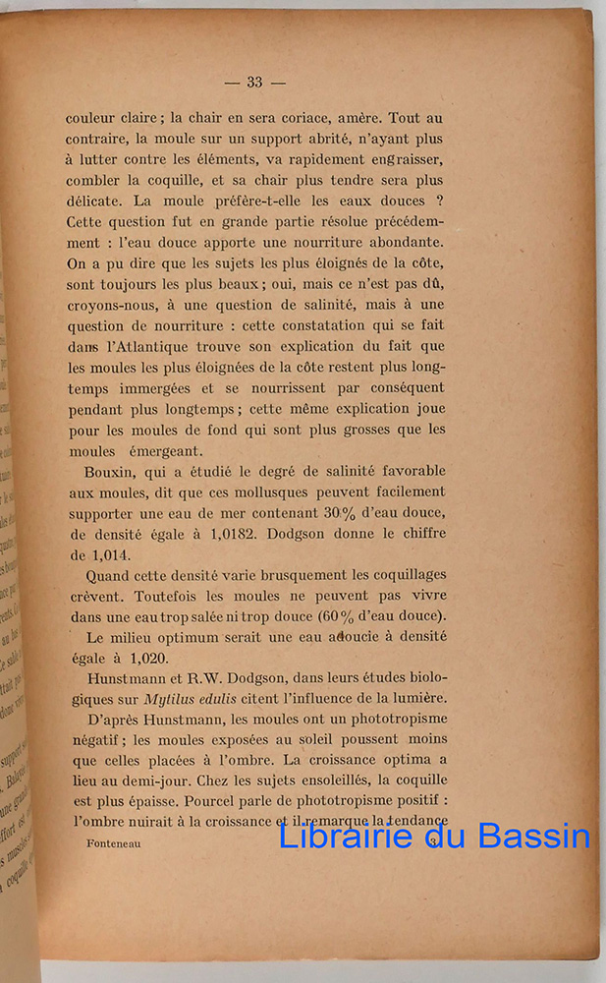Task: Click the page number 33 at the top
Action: (254, 83)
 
